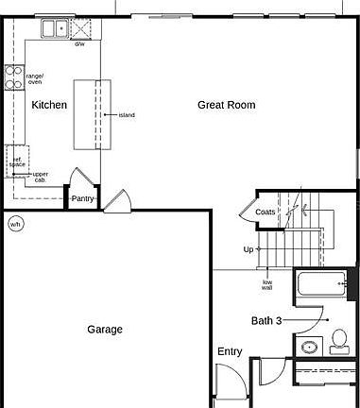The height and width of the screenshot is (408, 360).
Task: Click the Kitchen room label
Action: point(49,105)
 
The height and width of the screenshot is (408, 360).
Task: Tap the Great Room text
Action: point(226,105)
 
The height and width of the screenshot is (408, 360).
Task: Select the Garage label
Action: point(105,330)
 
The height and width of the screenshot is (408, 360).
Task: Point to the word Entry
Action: point(230,351)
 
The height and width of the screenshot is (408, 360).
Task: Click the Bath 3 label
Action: point(266,320)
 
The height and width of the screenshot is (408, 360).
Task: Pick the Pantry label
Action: point(82,198)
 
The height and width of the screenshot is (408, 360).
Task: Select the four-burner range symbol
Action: point(14,76)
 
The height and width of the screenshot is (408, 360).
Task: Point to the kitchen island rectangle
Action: point(93,114)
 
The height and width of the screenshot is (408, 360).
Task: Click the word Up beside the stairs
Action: point(248,249)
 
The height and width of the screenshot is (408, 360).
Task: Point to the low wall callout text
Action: point(266,284)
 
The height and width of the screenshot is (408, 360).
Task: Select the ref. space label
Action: point(17,161)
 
